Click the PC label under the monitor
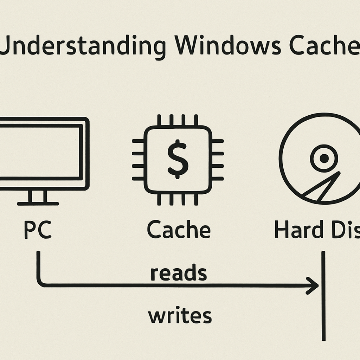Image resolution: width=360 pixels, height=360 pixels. tap(38, 230)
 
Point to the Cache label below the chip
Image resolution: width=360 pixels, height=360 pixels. tap(179, 230)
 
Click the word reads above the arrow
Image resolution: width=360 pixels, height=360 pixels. tap(178, 274)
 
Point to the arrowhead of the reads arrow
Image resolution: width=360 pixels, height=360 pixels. tap(313, 285)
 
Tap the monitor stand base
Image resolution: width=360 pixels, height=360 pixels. tap(38, 203)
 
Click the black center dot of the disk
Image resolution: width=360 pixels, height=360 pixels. tap(324, 159)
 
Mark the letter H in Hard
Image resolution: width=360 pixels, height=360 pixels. tap(281, 230)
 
